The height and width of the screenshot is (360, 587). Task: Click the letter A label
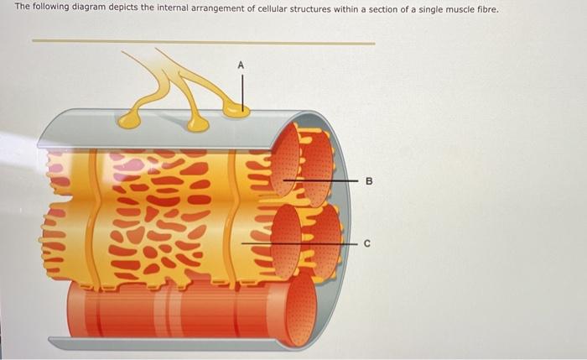(242, 64)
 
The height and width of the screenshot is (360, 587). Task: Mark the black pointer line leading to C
(302, 244)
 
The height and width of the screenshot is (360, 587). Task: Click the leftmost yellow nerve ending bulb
(130, 120)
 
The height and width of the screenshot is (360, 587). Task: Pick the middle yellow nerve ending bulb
(198, 124)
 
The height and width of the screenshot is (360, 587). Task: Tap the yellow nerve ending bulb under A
(236, 109)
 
